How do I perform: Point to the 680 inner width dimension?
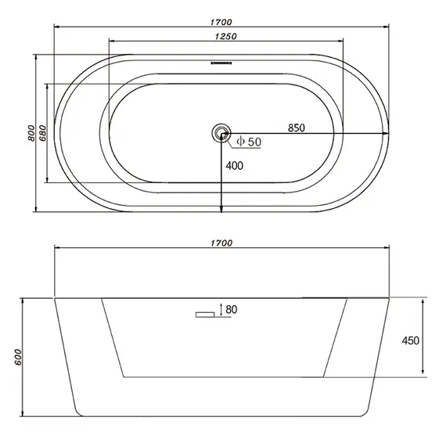[x=42, y=133]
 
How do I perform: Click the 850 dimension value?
[x=296, y=128]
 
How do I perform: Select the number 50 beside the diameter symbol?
[x=254, y=141]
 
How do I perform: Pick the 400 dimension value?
[x=235, y=165]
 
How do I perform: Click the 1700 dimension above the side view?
[x=222, y=243]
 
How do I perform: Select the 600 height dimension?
[x=17, y=356]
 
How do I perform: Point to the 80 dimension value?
[x=231, y=310]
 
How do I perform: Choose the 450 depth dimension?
[x=411, y=340]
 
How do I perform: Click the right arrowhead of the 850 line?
[x=385, y=134]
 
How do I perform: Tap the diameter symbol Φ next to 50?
[x=241, y=141]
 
